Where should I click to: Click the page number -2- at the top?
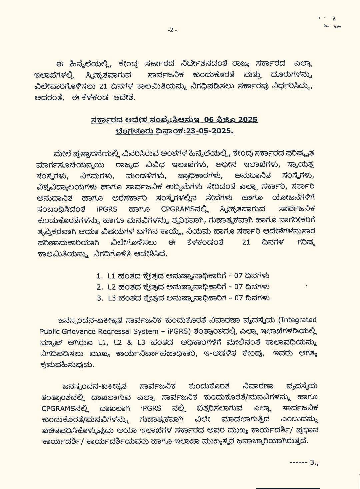click(x=172, y=30)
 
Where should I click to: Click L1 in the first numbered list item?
click(x=111, y=276)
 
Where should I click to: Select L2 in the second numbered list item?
click(x=111, y=287)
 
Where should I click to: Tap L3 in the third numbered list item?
click(x=111, y=298)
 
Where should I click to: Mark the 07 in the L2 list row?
click(x=238, y=287)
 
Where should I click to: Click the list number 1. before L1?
click(x=99, y=276)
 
